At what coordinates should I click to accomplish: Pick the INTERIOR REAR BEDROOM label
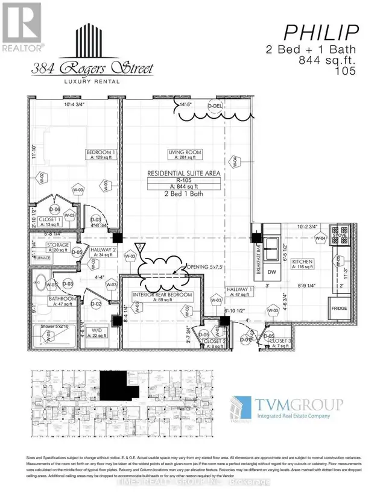[163, 295]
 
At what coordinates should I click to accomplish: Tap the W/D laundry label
[95, 330]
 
